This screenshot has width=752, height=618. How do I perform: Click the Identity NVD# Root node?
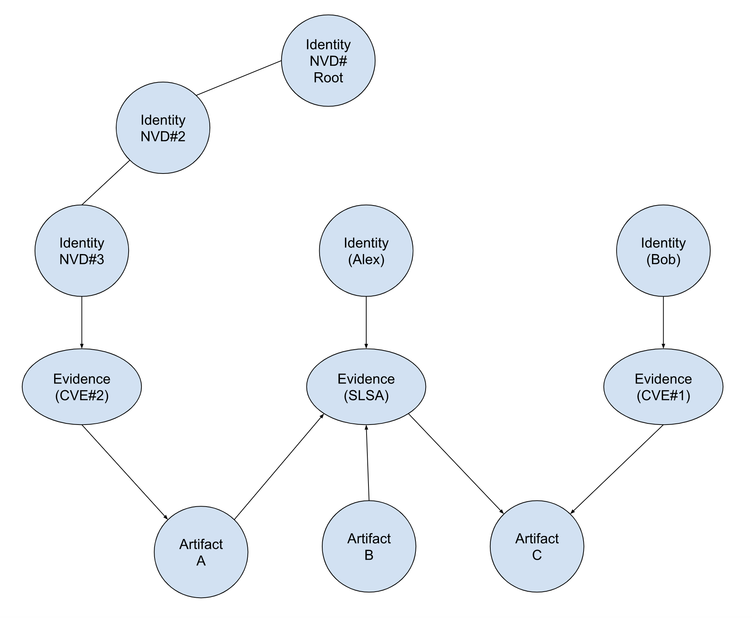pos(328,61)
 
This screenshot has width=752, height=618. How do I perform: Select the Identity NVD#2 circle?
pos(163,128)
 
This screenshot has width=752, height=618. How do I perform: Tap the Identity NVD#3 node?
pos(82,251)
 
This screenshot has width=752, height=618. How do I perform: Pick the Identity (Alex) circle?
pos(366,251)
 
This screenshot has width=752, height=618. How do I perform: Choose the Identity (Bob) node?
pos(663,251)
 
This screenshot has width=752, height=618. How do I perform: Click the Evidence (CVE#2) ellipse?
pos(82,387)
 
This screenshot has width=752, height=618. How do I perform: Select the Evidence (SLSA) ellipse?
pos(366,387)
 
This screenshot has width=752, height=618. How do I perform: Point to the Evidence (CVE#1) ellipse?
pos(663,387)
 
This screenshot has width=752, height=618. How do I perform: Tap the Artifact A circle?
pos(201,552)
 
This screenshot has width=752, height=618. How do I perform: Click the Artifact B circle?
pos(369,546)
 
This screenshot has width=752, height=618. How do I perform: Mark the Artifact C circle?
pos(537,546)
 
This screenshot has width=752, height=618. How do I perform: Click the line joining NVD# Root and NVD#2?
pos(239,78)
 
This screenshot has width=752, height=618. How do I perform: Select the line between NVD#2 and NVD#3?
pos(106,183)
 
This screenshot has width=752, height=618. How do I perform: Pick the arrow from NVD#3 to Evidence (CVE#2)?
pos(82,323)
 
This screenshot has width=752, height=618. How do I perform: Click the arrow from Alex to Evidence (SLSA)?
pos(366,323)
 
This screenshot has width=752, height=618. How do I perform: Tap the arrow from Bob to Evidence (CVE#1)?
pos(663,323)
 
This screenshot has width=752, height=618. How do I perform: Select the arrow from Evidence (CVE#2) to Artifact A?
pos(124,472)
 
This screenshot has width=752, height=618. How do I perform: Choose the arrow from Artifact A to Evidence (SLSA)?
pos(279,467)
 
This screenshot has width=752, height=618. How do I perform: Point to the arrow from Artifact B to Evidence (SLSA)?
pos(367,463)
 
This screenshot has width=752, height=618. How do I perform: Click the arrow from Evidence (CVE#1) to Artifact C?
pos(617,469)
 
